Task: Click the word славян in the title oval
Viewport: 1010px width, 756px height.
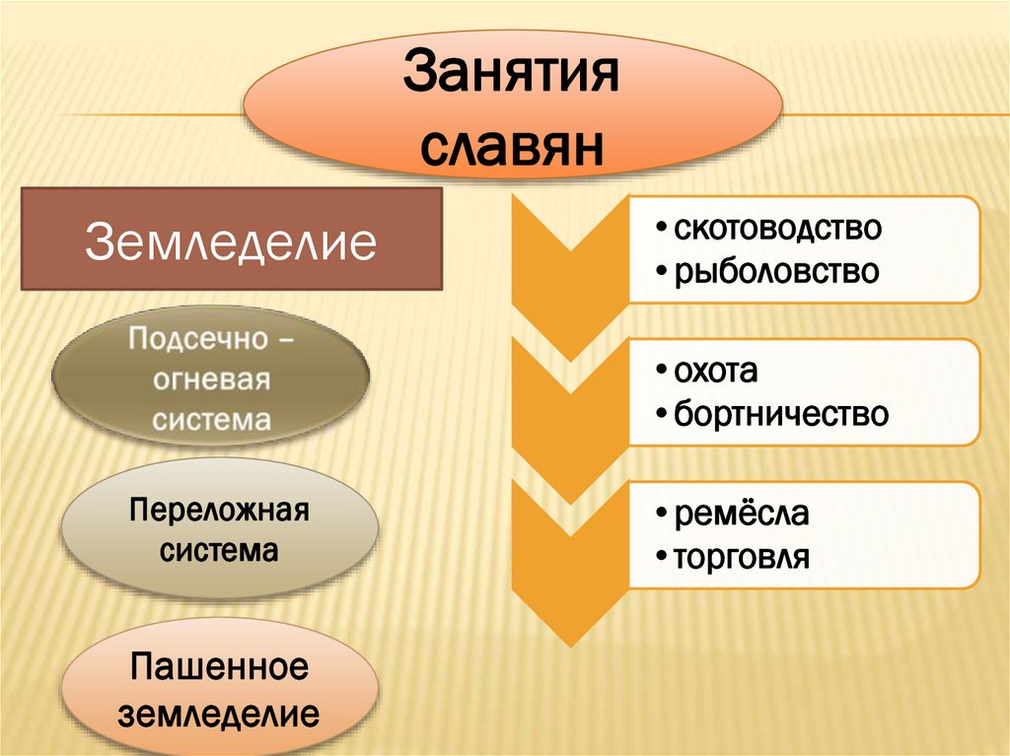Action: click(512, 147)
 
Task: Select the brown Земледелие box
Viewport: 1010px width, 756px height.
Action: click(232, 241)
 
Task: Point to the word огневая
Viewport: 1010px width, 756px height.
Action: click(211, 380)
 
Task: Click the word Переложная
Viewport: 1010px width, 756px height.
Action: click(220, 512)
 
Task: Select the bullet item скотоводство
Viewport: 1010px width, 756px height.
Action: click(776, 229)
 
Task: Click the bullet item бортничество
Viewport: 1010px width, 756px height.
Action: click(780, 414)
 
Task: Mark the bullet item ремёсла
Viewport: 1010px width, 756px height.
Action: click(740, 515)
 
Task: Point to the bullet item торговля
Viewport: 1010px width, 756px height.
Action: click(741, 558)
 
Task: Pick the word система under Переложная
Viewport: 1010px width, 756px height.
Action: click(220, 549)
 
